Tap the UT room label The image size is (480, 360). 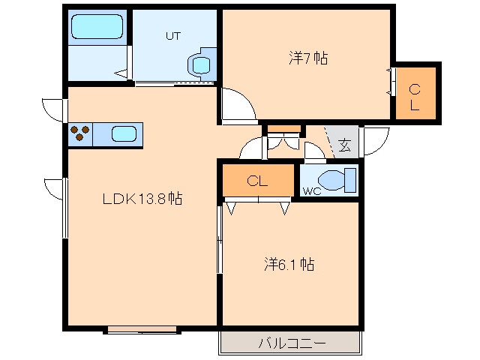[x=172, y=34]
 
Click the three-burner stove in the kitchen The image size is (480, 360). [x=81, y=134]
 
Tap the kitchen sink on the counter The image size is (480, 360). [x=124, y=134]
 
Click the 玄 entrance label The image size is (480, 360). [x=343, y=145]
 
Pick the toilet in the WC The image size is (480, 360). [x=334, y=179]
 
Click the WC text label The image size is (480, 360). [x=312, y=191]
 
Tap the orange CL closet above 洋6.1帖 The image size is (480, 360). [x=258, y=181]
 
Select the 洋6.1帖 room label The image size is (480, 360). [x=288, y=264]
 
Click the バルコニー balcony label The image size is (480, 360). [x=292, y=343]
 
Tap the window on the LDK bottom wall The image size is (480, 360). [x=142, y=328]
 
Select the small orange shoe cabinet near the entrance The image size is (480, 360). [x=283, y=128]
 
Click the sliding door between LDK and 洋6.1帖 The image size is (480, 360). [x=220, y=240]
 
